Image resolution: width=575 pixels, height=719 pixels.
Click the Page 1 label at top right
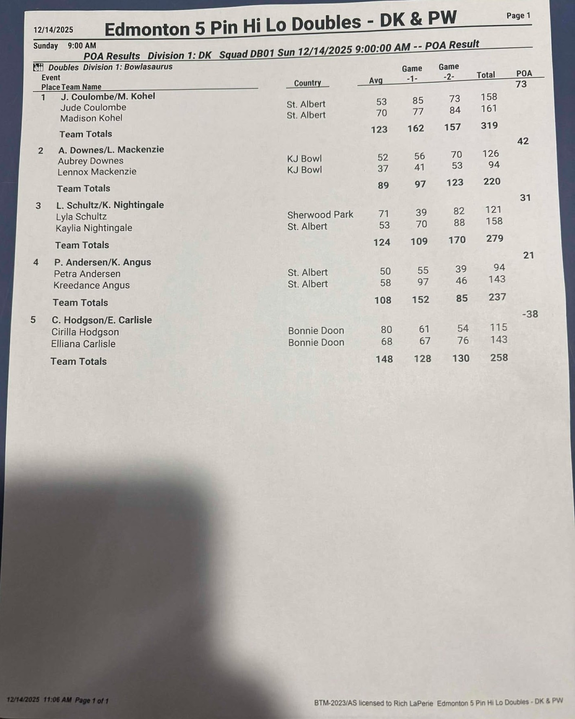518,16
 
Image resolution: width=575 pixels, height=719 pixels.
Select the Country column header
308,83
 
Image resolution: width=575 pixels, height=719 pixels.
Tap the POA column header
524,73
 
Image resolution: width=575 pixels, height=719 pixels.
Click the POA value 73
521,84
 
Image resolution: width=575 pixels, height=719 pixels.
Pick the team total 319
489,126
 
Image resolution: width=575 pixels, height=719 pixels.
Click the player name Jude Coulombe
93,107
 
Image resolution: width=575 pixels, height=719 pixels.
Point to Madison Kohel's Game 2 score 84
455,110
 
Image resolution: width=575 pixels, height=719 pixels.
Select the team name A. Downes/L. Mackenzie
111,150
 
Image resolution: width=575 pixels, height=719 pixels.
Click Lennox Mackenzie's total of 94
494,165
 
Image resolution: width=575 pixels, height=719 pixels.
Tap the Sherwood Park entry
320,214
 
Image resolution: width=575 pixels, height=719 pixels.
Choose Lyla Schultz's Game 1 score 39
421,212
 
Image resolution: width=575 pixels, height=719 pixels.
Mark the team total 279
495,238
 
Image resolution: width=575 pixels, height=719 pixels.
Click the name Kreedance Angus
92,285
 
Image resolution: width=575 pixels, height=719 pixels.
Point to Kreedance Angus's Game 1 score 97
423,282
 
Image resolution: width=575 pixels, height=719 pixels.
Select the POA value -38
530,314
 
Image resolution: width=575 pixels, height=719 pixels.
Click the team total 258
499,357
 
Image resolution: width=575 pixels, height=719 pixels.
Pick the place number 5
33,320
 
